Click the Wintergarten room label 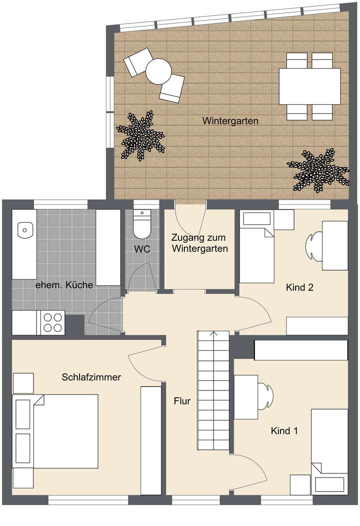[x=230, y=121]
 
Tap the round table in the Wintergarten [x=159, y=72]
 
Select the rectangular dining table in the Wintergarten [x=310, y=86]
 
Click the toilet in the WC [x=142, y=225]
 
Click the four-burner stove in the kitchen [x=52, y=322]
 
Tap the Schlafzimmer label [x=91, y=377]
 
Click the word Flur [x=182, y=400]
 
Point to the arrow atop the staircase [x=213, y=334]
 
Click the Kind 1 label [x=284, y=430]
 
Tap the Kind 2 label [x=299, y=287]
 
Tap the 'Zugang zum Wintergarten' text [x=199, y=242]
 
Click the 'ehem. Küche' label [x=63, y=285]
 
